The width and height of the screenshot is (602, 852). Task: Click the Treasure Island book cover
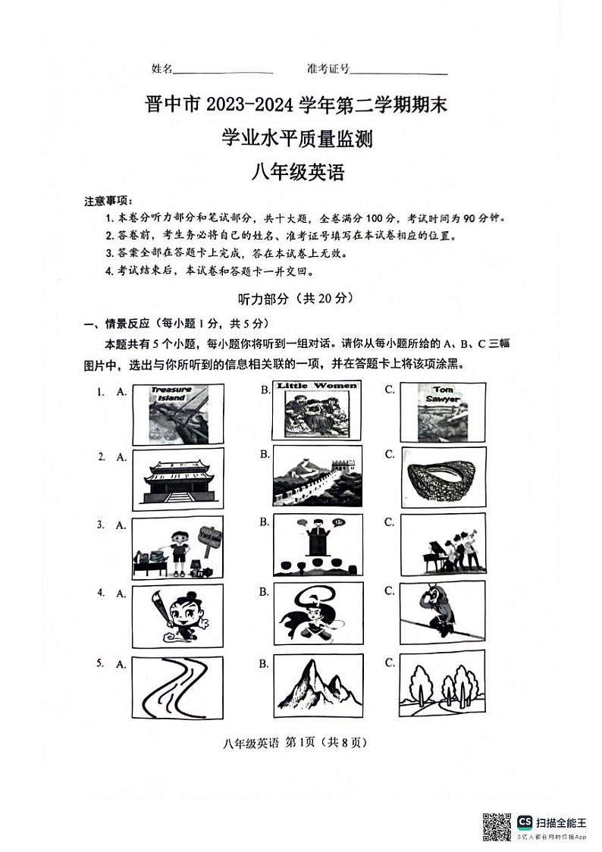pyautogui.click(x=177, y=413)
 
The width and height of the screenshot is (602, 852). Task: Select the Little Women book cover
pyautogui.click(x=316, y=409)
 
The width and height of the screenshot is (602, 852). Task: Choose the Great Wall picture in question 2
pyautogui.click(x=317, y=475)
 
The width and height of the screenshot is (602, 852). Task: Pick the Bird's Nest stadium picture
pyautogui.click(x=442, y=477)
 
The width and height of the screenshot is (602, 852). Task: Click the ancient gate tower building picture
pyautogui.click(x=177, y=479)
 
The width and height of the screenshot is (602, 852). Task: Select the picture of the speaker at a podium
pyautogui.click(x=317, y=545)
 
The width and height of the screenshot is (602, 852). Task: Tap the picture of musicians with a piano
pyautogui.click(x=442, y=545)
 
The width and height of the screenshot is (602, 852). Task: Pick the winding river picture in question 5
pyautogui.click(x=177, y=688)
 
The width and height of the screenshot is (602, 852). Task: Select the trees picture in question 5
pyautogui.click(x=442, y=686)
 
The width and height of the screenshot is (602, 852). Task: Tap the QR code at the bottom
pyautogui.click(x=497, y=826)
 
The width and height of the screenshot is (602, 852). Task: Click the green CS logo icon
pyautogui.click(x=525, y=822)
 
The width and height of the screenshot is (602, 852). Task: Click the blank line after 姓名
pyautogui.click(x=223, y=73)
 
